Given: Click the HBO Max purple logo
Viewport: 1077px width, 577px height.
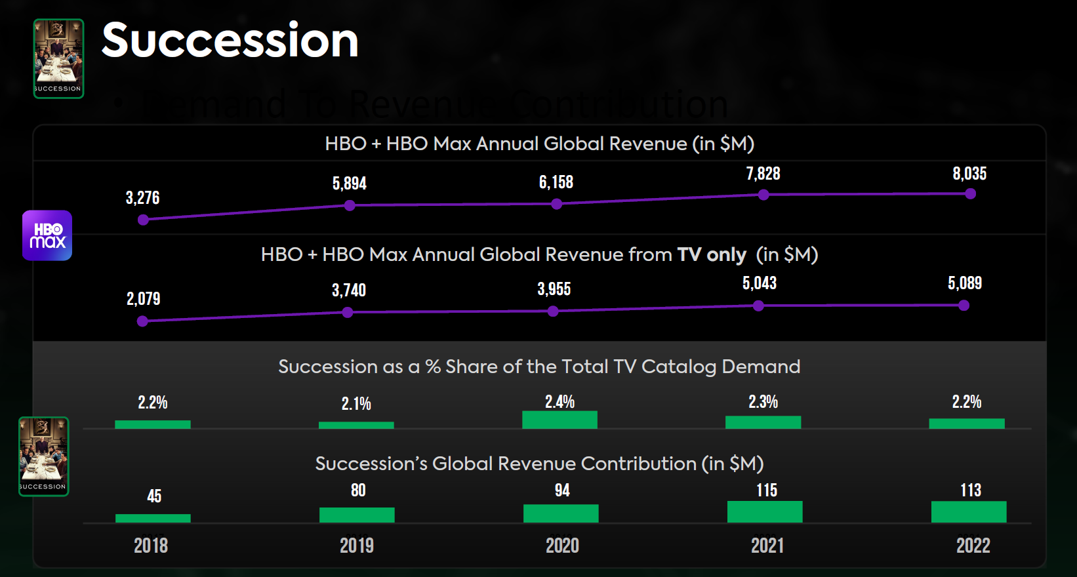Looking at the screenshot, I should pos(47,235).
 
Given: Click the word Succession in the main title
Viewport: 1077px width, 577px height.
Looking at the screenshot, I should pos(230,41).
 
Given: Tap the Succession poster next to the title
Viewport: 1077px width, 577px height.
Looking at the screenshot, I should pos(58,58).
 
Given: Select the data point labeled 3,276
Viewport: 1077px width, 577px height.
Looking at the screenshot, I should pos(143,220).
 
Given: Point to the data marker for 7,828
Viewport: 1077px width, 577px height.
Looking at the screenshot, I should pos(763,195).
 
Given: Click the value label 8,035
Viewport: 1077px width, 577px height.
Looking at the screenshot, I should pos(969,174).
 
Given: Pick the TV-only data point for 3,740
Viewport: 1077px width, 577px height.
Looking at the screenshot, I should pos(348,313).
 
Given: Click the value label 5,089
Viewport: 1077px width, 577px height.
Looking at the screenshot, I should pos(964,283).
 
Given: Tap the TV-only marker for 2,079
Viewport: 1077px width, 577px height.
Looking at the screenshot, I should pos(142,321).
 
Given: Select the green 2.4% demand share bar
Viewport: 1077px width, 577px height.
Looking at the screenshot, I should pos(559,420).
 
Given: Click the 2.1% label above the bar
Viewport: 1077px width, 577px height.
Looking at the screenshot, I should pos(356,404).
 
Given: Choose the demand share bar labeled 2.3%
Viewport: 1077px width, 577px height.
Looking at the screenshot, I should pos(763,422).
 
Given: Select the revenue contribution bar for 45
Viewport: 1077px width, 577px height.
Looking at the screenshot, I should pos(153,518).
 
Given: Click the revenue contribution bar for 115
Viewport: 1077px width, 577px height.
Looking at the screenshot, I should pos(765,511).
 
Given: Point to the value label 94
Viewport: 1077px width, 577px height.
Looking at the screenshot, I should pos(562,490).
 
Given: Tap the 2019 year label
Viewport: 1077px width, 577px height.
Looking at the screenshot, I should pos(357,546).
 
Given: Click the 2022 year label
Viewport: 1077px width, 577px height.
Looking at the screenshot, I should pos(973,546).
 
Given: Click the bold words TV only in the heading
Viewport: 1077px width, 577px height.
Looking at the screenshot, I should pos(711,254).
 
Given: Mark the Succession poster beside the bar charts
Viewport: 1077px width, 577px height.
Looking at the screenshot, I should pos(44,456).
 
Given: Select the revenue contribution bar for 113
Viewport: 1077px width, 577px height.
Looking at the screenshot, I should pos(969,511).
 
